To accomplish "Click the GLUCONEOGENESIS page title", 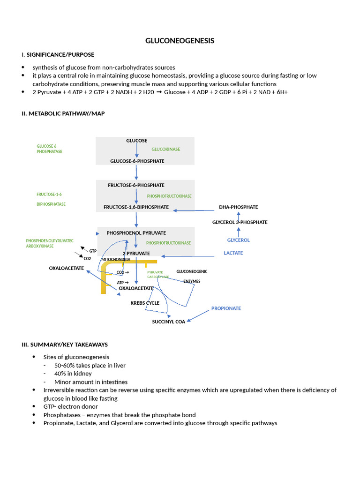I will coord(180,41).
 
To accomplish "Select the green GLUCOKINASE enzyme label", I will coord(165,149).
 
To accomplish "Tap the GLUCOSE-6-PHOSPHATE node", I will coord(137,161).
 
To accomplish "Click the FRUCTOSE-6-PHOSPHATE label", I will coord(136,185).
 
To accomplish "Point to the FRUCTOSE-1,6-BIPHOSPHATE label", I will coord(136,207).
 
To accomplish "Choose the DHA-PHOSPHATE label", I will coord(238,207).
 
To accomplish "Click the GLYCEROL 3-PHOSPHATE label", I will coord(240,222).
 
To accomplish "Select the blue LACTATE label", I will coord(233,253).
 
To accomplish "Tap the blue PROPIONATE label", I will coord(226,308).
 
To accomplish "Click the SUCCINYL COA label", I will coord(169,322).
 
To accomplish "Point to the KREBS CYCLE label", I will coord(145,303).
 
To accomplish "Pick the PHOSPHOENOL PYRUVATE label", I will coord(136,233).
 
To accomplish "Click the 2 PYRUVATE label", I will coord(136,253).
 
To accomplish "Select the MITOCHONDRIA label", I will coord(116,259).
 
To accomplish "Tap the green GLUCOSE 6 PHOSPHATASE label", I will coord(49,149).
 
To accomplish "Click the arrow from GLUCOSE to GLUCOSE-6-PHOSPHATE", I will coord(136,150).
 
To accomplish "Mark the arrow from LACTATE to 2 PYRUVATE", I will coord(192,256).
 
